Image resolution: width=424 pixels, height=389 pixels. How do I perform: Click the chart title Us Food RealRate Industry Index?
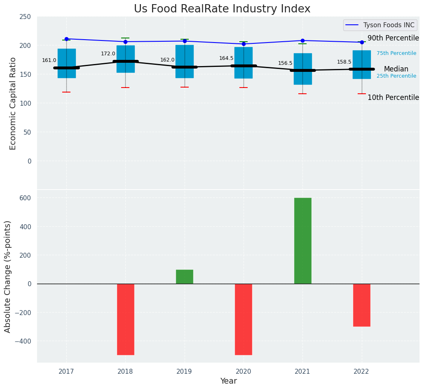coord(222,9)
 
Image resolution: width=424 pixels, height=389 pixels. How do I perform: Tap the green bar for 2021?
coord(302,241)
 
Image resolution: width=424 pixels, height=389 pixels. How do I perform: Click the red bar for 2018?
coord(125,319)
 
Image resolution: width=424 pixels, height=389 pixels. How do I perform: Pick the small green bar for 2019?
coord(184,277)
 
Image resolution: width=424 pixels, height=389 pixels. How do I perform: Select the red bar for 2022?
coord(361,305)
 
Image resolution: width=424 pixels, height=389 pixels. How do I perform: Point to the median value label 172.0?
coord(108,54)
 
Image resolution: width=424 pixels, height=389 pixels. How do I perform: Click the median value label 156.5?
coord(285,63)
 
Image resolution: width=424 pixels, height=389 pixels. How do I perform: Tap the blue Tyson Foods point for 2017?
coord(66,39)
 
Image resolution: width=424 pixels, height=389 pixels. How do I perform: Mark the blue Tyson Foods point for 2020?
coord(244,44)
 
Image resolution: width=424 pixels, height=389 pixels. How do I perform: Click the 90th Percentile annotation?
coord(393,38)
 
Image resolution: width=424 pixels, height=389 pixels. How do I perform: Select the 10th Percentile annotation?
coord(393,98)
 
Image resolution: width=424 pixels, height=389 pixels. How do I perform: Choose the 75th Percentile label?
coord(396,53)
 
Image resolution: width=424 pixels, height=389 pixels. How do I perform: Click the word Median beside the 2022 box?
coord(396,69)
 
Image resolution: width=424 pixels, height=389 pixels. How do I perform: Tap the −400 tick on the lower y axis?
coord(23,341)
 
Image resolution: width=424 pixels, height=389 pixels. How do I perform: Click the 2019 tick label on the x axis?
coord(184,372)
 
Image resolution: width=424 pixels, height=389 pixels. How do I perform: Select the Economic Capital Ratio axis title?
coord(13,103)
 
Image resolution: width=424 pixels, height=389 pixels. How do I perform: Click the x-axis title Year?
coord(228,381)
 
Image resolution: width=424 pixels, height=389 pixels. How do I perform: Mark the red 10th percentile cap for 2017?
coord(66,92)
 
